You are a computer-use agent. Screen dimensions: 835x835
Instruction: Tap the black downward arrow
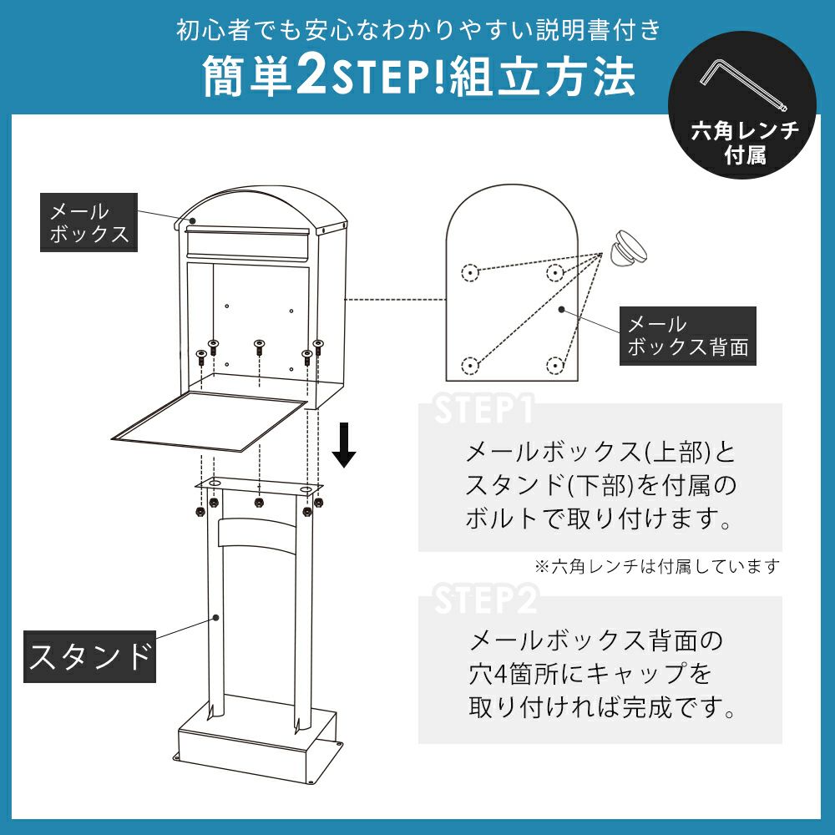(x=344, y=445)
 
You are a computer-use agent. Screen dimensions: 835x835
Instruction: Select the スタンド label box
(x=89, y=656)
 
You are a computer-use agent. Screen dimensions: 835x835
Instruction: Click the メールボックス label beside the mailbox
(x=89, y=223)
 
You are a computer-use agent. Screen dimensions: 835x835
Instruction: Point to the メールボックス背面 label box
(x=687, y=336)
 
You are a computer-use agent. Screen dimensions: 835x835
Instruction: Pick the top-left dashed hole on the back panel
(x=469, y=273)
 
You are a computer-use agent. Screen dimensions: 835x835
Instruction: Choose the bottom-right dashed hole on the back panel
(x=555, y=366)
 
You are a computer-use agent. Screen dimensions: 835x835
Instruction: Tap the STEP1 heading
(x=484, y=409)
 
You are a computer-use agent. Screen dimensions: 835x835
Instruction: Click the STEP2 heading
(x=486, y=599)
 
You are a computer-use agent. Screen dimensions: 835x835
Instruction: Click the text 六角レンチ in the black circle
(x=745, y=130)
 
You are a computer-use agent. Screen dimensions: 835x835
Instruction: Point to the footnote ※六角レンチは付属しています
(x=657, y=566)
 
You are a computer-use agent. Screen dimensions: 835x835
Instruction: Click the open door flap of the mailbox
(x=210, y=422)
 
